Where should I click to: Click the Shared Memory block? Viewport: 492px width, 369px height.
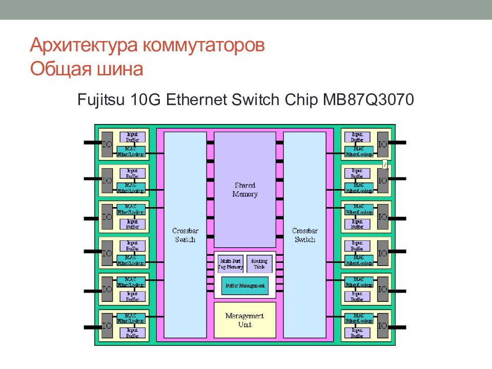(244, 190)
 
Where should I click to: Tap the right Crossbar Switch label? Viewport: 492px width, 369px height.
(304, 235)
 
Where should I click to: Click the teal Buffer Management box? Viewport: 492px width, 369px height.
(244, 285)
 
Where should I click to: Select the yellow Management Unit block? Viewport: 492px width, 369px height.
(244, 320)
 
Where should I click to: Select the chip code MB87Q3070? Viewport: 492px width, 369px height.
(367, 99)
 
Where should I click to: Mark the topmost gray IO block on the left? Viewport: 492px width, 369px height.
(107, 144)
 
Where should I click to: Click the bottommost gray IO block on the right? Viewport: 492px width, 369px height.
(382, 325)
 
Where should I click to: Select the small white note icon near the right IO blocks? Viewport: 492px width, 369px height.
(384, 164)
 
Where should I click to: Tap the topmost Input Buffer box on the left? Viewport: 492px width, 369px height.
(132, 137)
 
